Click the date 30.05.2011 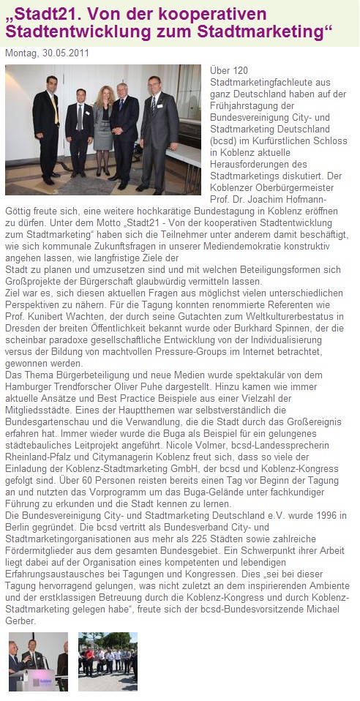click(x=69, y=53)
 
